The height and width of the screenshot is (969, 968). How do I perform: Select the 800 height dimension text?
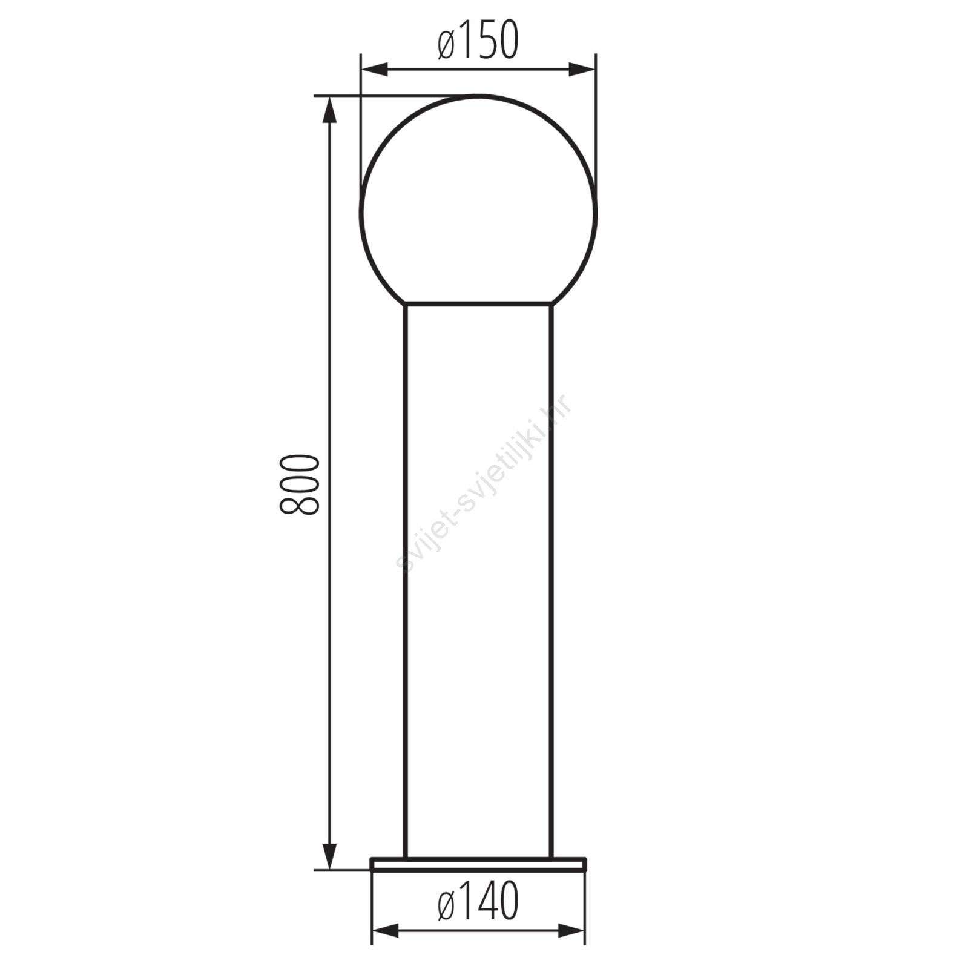[x=299, y=484]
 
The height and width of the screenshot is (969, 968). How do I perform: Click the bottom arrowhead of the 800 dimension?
[x=329, y=856]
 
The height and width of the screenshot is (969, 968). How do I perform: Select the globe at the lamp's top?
[x=478, y=200]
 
